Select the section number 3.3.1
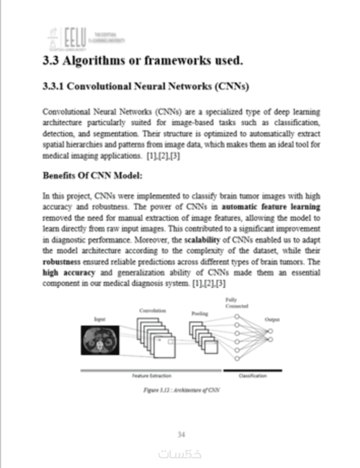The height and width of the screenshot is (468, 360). [x=53, y=86]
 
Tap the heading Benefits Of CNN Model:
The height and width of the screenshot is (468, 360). [x=92, y=175]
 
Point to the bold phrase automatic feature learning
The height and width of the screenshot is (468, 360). [x=271, y=207]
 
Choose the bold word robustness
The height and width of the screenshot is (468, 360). [x=61, y=261]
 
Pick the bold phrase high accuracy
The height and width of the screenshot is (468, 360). [x=68, y=272]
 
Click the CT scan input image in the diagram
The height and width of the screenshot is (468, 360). [x=99, y=339]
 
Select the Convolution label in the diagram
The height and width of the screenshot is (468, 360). [x=153, y=310]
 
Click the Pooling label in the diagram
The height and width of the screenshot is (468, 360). [x=199, y=313]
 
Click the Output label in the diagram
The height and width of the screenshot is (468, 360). [x=272, y=319]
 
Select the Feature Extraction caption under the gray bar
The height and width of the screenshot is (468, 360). [x=151, y=376]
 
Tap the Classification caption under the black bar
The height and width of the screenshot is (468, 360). [x=252, y=376]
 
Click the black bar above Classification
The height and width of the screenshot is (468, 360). [x=252, y=370]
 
